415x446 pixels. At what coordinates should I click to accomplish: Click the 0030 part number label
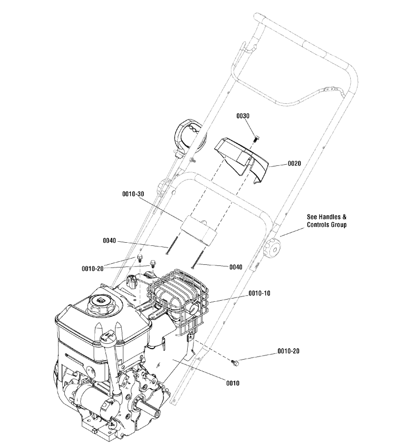click(243, 116)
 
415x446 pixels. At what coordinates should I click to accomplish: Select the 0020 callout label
click(294, 164)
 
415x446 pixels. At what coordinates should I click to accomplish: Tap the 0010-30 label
click(133, 194)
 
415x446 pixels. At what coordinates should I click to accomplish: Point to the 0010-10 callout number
click(259, 293)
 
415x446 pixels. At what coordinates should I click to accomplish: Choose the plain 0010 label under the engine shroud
click(233, 383)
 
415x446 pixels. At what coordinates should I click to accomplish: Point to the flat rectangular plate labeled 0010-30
click(201, 230)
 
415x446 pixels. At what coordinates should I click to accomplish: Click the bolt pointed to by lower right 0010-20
click(235, 362)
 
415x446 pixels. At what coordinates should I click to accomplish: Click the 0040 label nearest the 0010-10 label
click(236, 267)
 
